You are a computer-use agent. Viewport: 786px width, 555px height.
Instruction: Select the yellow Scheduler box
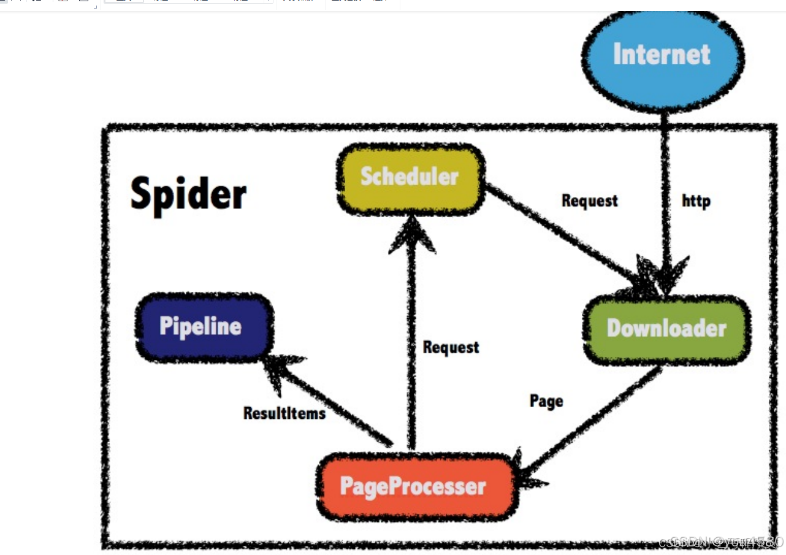coord(410,178)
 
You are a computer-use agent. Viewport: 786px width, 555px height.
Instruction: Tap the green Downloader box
coord(666,329)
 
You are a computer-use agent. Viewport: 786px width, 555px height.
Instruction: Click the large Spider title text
coord(188,193)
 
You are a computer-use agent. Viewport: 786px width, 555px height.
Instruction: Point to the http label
coord(696,201)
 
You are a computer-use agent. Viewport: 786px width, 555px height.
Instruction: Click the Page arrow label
coord(546,401)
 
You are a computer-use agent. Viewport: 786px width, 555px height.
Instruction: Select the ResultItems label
coord(284,413)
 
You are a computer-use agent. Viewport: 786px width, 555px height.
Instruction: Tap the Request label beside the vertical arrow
coord(451,348)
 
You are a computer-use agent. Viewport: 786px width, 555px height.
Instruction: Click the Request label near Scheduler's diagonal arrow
coord(589,201)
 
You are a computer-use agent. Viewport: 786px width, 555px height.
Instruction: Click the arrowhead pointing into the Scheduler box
coord(413,236)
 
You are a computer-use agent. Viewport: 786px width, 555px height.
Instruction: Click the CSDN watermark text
coord(720,542)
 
